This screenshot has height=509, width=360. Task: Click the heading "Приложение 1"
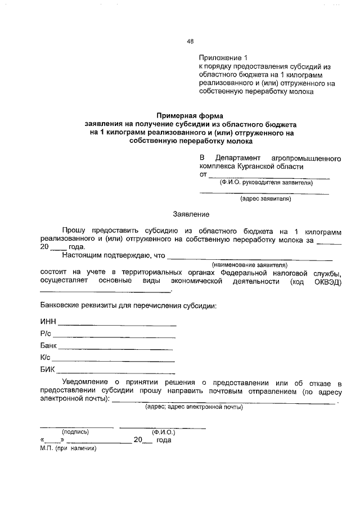pos(223,58)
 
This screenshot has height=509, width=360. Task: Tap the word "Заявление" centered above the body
pos(191,214)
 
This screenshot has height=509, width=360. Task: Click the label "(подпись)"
pos(75,432)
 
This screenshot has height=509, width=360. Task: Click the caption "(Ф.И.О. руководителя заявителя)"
pos(266,183)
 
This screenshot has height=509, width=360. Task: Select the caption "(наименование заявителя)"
pos(249,264)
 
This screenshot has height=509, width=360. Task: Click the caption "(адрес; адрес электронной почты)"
pos(194,407)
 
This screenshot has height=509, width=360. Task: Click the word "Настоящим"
pos(80,255)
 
